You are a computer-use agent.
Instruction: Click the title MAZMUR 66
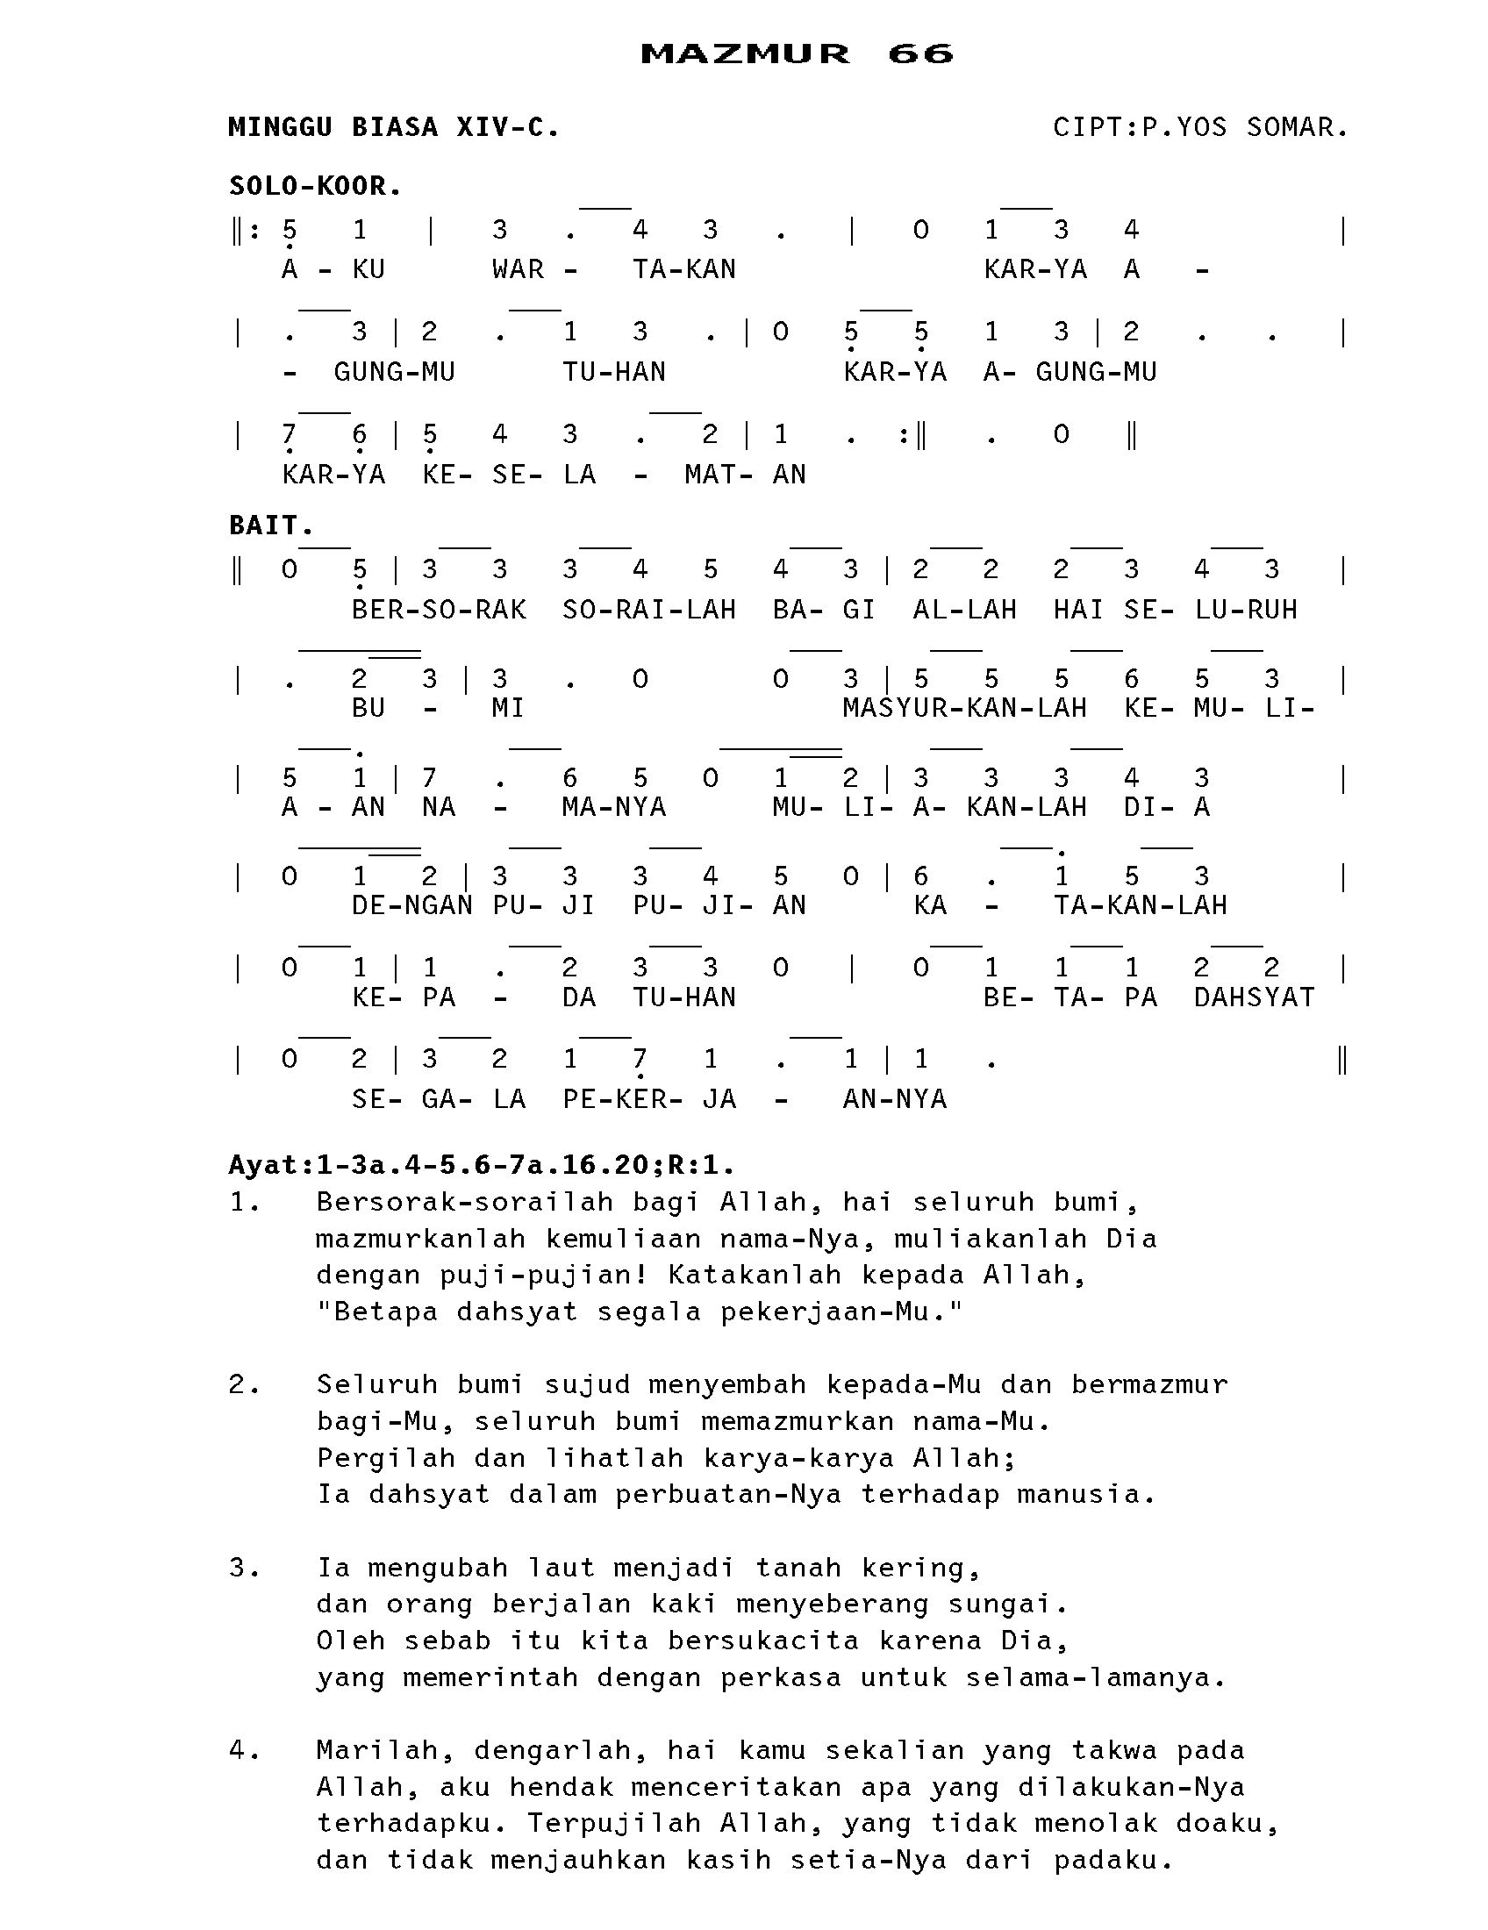(x=796, y=54)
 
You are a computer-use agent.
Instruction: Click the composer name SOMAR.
(x=1296, y=127)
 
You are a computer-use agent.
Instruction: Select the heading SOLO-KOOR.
(x=316, y=187)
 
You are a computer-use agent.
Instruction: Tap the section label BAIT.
(x=271, y=525)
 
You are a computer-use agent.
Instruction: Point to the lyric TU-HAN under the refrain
(x=614, y=372)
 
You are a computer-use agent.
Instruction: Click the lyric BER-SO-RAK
(x=439, y=610)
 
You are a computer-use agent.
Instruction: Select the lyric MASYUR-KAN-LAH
(x=964, y=708)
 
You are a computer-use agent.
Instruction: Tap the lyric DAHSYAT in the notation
(x=1254, y=997)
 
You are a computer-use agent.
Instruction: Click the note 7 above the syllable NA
(x=429, y=778)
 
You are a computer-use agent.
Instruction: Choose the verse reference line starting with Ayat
(x=482, y=1165)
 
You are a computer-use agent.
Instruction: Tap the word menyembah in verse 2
(x=727, y=1384)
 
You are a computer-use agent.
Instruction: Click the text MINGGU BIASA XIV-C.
(x=394, y=127)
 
